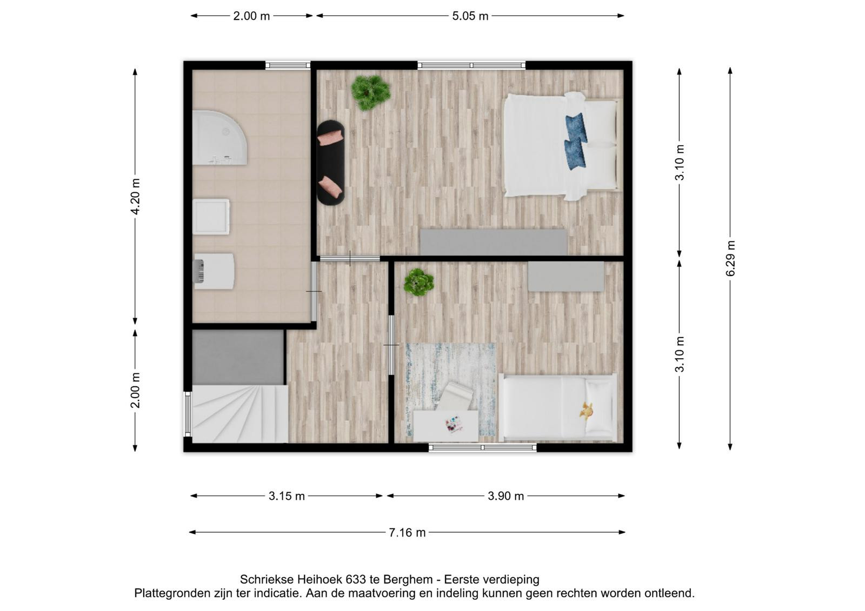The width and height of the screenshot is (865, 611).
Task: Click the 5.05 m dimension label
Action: (470, 16)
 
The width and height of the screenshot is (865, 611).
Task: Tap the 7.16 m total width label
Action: (407, 533)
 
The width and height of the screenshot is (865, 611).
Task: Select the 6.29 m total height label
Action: (730, 258)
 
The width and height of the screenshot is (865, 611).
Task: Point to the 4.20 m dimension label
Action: (135, 197)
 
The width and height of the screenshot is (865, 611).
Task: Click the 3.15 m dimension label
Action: (287, 496)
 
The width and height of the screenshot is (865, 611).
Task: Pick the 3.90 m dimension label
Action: (505, 496)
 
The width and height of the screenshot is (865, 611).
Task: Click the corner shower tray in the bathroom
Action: (219, 138)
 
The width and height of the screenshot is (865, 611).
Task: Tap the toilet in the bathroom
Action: (214, 271)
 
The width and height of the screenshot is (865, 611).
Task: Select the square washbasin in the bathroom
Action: (211, 217)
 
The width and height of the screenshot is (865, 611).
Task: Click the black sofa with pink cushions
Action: (330, 163)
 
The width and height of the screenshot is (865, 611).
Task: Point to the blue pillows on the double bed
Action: (575, 141)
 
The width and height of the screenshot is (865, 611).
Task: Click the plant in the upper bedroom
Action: (370, 92)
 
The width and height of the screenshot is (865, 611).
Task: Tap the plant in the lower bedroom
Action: (418, 282)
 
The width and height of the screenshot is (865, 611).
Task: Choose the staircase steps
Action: (240, 414)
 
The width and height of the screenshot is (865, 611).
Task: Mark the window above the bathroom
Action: (288, 65)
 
